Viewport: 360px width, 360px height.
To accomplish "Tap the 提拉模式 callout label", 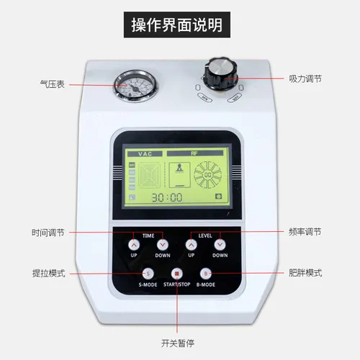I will tap(49, 274).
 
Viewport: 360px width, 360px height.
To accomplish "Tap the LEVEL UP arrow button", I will tap(191, 244).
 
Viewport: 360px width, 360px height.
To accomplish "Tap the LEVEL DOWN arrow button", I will tap(220, 244).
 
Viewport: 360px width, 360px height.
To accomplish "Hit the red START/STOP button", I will tap(177, 273).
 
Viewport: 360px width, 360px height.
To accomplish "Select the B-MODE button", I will tap(205, 273).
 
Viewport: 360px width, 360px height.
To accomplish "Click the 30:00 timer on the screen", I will tap(165, 197).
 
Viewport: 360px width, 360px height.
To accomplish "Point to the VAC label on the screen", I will tap(140, 153).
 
